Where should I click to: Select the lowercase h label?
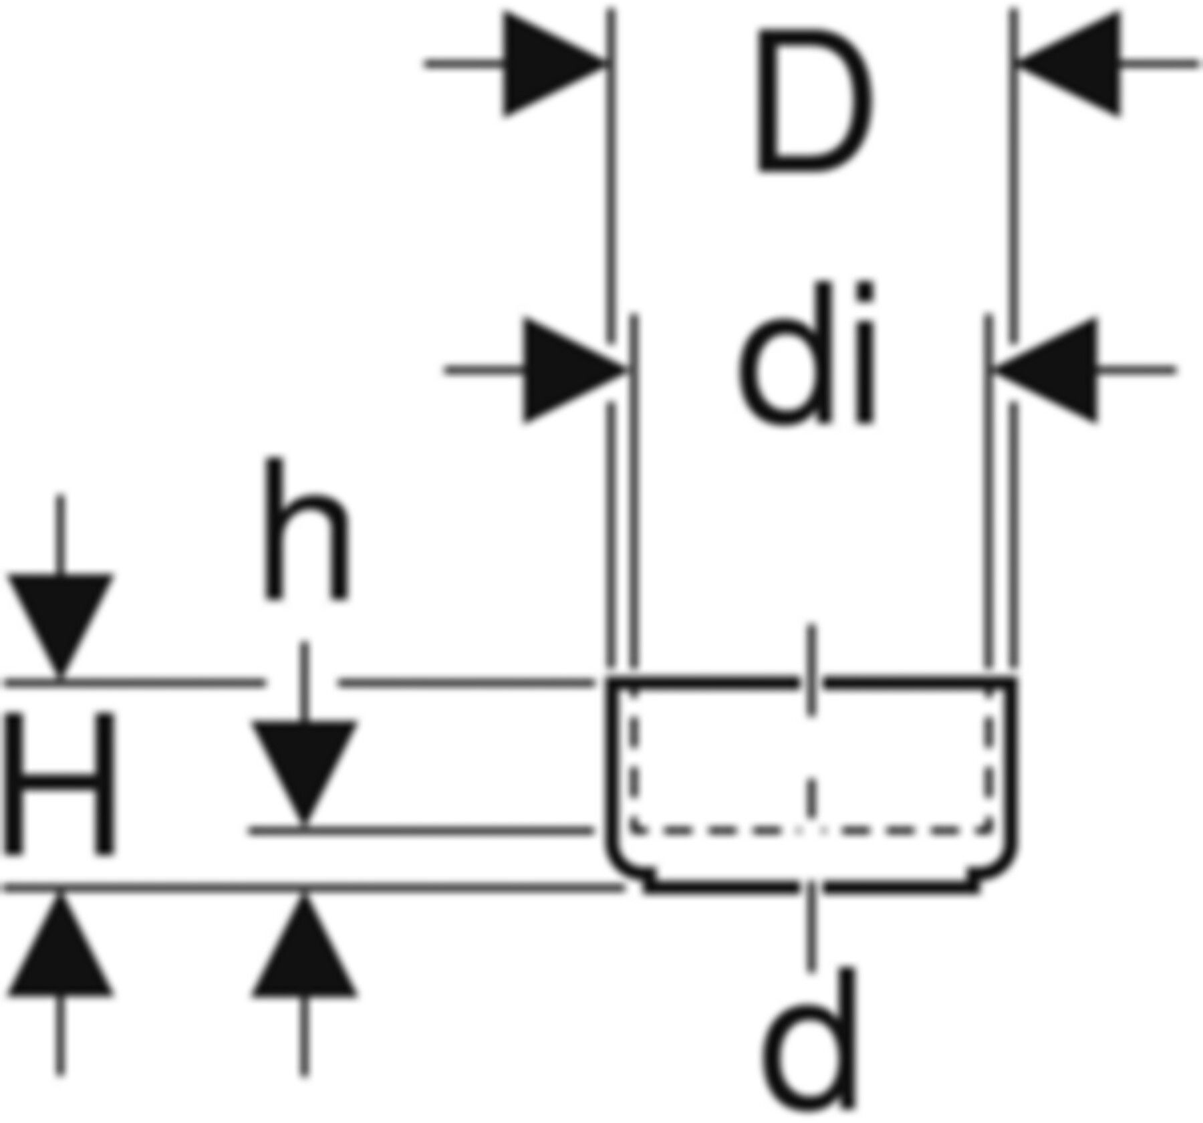306,528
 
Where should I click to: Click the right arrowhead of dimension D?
1069,64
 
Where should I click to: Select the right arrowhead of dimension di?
1047,369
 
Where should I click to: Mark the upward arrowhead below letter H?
60,945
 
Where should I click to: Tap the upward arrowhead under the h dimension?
305,945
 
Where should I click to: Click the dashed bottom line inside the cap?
811,832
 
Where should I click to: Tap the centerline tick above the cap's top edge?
811,668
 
